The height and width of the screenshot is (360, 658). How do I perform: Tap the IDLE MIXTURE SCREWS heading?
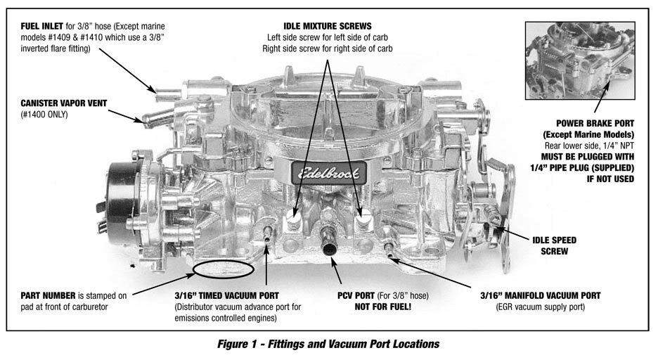coord(327,26)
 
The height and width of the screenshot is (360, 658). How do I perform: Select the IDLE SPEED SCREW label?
coord(553,244)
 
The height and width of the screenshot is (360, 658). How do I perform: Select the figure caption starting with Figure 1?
coord(328,344)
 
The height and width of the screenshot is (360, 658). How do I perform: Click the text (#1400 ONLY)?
coord(44,114)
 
